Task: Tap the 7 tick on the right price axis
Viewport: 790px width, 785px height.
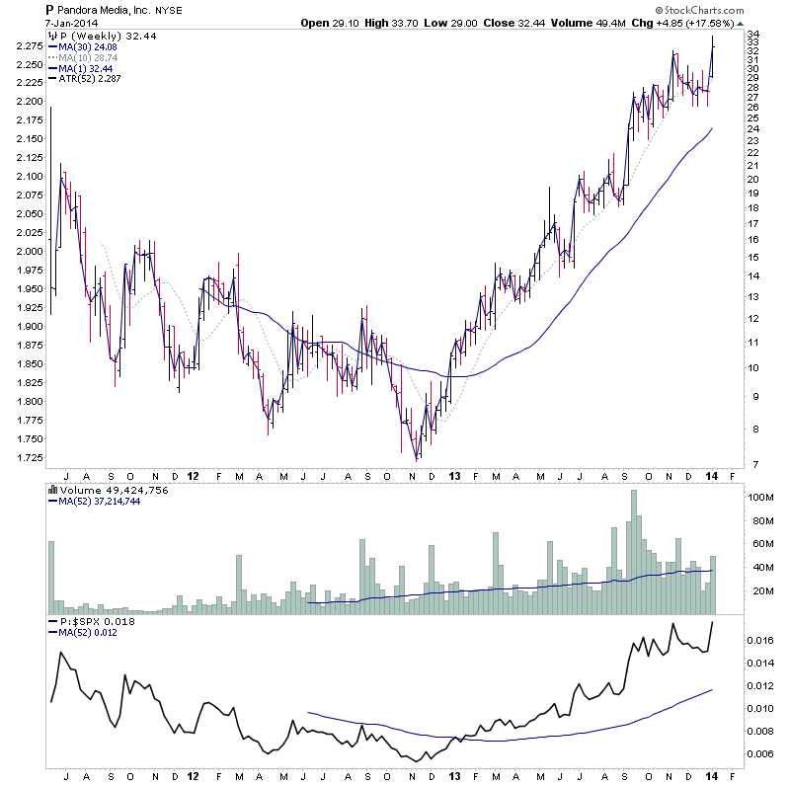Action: point(752,464)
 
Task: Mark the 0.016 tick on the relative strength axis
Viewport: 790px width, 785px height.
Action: point(759,641)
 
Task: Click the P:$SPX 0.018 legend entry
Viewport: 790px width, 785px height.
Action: point(92,621)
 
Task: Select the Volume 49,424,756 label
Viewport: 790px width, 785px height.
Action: point(101,488)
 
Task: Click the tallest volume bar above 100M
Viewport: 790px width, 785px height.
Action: point(634,553)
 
